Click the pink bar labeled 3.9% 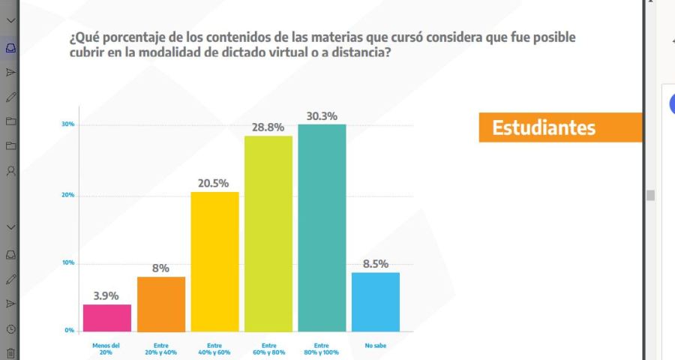click(x=107, y=317)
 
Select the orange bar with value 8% click(x=160, y=304)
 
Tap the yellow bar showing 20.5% click(x=214, y=262)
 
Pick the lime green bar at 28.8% click(x=268, y=233)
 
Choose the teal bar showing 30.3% click(x=322, y=227)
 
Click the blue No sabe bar click(x=376, y=301)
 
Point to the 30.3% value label click(x=322, y=116)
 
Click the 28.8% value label click(x=268, y=127)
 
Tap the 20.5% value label click(x=214, y=183)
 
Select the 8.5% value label click(x=376, y=264)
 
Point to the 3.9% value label click(x=106, y=295)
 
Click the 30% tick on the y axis click(x=67, y=124)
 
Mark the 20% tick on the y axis click(x=67, y=196)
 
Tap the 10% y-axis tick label click(x=67, y=263)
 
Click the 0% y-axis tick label click(x=69, y=330)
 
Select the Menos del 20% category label click(x=106, y=349)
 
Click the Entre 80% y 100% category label click(x=322, y=349)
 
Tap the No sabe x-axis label click(x=375, y=346)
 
